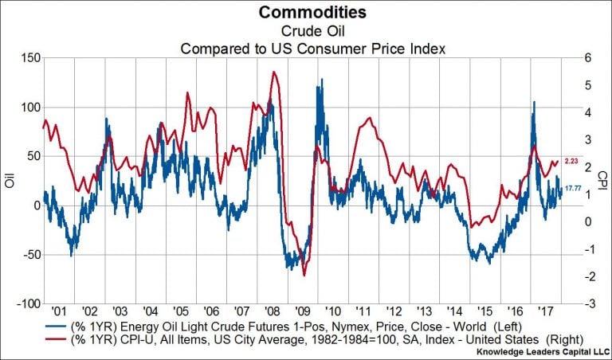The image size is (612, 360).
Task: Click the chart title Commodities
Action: pyautogui.click(x=306, y=13)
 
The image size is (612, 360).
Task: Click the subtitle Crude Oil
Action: pyautogui.click(x=306, y=31)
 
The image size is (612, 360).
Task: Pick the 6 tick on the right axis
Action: pyautogui.click(x=586, y=57)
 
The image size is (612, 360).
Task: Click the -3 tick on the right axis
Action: pyautogui.click(x=588, y=303)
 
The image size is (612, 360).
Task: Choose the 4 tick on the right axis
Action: pyautogui.click(x=586, y=112)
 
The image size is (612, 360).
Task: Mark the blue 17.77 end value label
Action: pyautogui.click(x=573, y=190)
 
